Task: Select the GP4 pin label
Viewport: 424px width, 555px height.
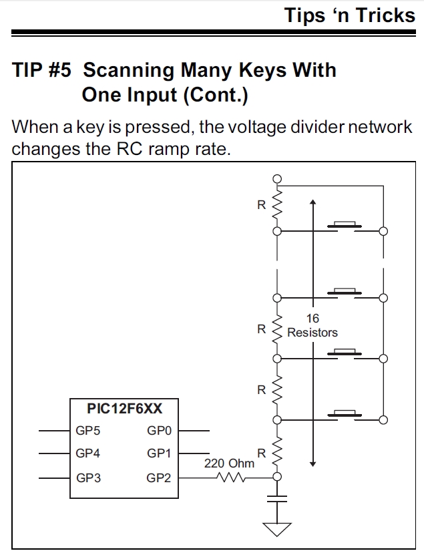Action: (x=87, y=453)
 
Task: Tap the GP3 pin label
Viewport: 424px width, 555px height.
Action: (x=87, y=478)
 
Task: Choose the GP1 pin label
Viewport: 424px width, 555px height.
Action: (x=159, y=453)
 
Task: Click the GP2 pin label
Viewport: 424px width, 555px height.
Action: (x=159, y=478)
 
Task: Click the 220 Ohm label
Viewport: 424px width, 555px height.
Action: (x=229, y=463)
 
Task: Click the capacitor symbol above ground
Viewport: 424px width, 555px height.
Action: (x=277, y=498)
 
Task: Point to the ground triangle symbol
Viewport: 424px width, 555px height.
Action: (x=277, y=529)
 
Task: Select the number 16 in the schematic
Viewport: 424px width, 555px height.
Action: (x=312, y=319)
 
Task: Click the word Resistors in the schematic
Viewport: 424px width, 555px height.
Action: (x=312, y=332)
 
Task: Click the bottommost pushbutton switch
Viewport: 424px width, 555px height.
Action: (x=345, y=414)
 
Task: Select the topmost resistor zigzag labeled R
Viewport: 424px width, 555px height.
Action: (x=277, y=206)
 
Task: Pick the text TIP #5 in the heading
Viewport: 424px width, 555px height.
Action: (x=41, y=70)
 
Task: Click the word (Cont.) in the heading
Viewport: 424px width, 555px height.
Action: (x=214, y=95)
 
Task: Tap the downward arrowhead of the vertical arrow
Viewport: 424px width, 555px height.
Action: (x=312, y=462)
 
